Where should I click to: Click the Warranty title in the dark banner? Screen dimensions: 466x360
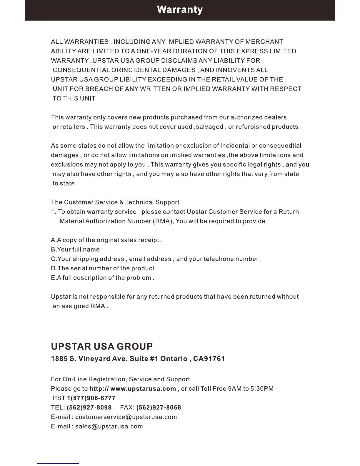180,10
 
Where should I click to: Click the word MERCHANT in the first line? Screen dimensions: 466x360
264,42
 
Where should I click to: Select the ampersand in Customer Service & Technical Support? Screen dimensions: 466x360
122,202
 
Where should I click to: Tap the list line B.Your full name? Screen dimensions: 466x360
75,249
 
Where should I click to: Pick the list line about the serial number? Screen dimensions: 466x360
104,268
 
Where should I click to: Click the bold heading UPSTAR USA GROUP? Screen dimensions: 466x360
102,347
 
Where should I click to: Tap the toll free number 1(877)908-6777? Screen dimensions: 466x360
91,398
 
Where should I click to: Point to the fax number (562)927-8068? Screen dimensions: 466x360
159,407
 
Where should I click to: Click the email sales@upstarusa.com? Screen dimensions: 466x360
109,426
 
